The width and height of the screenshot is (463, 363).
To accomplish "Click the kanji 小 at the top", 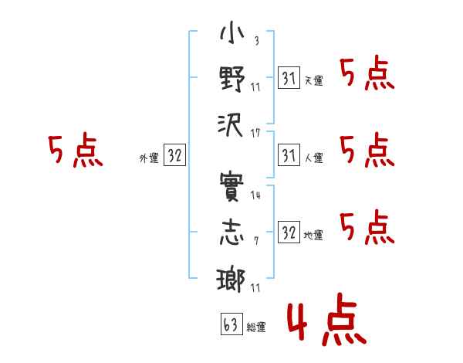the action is point(232,33).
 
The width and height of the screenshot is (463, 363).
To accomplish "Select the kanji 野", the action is point(232,79).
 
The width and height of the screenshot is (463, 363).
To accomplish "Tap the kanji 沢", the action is point(231,125).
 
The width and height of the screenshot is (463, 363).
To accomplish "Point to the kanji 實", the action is point(231,187).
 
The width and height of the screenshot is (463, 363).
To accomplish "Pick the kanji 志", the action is point(232,232).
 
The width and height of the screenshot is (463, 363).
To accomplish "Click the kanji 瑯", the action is point(231,280).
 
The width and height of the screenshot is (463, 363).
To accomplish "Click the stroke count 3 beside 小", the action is point(257,40).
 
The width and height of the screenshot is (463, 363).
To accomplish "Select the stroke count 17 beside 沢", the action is point(255,134).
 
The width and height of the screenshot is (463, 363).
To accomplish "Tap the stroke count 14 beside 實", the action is point(255,195).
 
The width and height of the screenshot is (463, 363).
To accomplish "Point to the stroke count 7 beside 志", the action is point(256,241).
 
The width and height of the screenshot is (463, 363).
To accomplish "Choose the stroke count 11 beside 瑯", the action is point(255,287).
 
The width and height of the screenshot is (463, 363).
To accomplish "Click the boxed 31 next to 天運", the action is point(289,77).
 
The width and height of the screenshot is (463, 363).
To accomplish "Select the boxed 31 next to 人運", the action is point(289,154).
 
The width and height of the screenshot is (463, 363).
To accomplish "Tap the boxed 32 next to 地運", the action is point(289,232).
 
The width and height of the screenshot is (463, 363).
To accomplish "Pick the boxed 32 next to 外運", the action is point(174,154).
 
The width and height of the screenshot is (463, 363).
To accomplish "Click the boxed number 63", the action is point(231,324).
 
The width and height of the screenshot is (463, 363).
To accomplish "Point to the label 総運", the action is point(256,327).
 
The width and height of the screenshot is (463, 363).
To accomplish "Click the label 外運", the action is point(149,158).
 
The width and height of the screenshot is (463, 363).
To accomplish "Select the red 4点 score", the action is point(327,320).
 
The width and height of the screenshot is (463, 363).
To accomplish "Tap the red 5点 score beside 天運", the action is point(367,74).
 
